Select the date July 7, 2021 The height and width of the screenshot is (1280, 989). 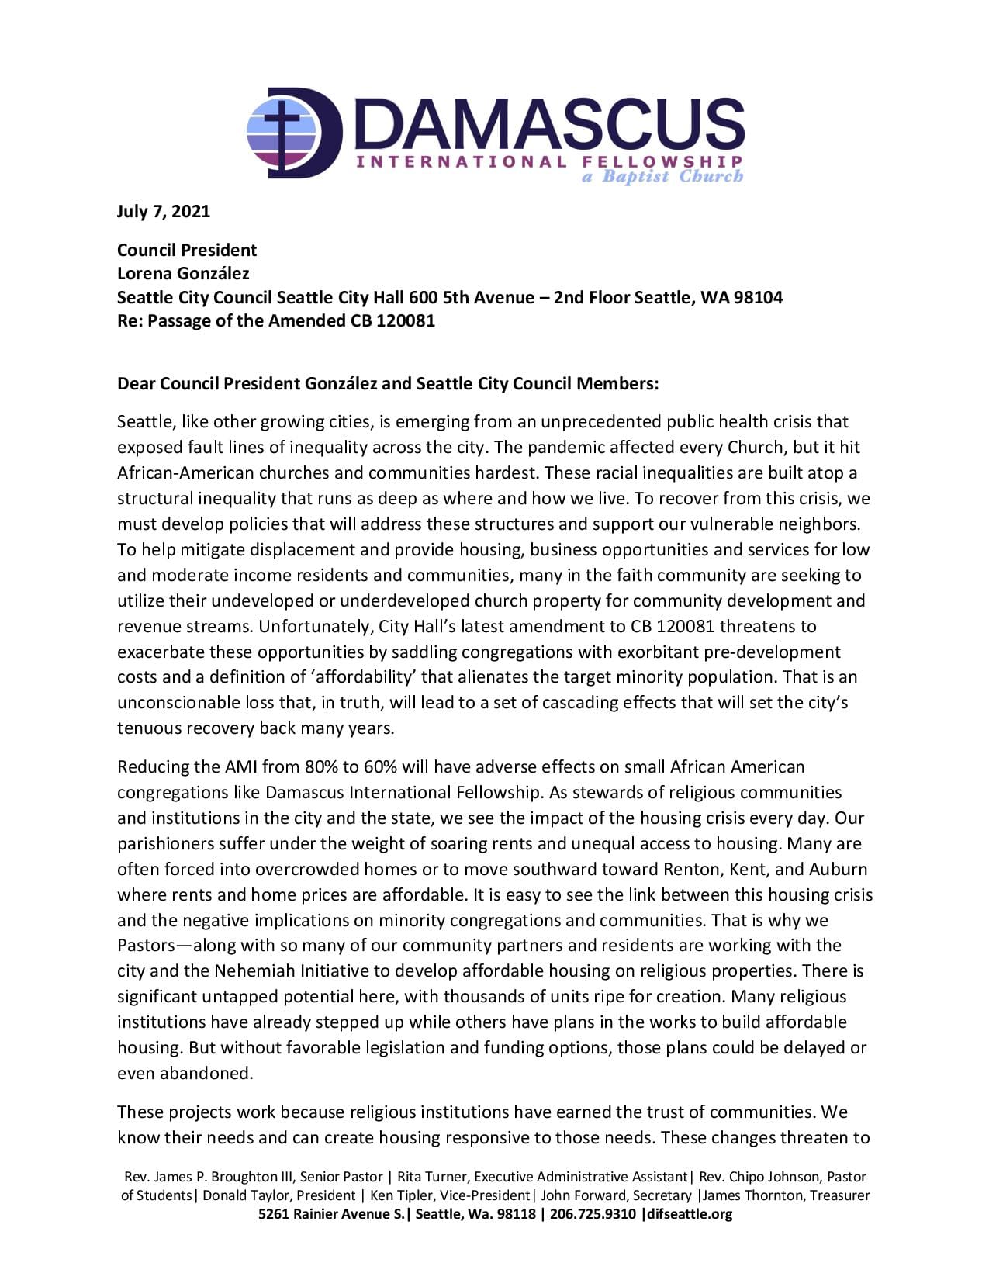pyautogui.click(x=163, y=211)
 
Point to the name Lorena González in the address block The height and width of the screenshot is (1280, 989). pyautogui.click(x=183, y=273)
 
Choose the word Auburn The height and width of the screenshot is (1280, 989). pyautogui.click(x=841, y=869)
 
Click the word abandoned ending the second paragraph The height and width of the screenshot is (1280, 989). pyautogui.click(x=206, y=1074)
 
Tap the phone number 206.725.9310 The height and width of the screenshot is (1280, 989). pyautogui.click(x=593, y=1214)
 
